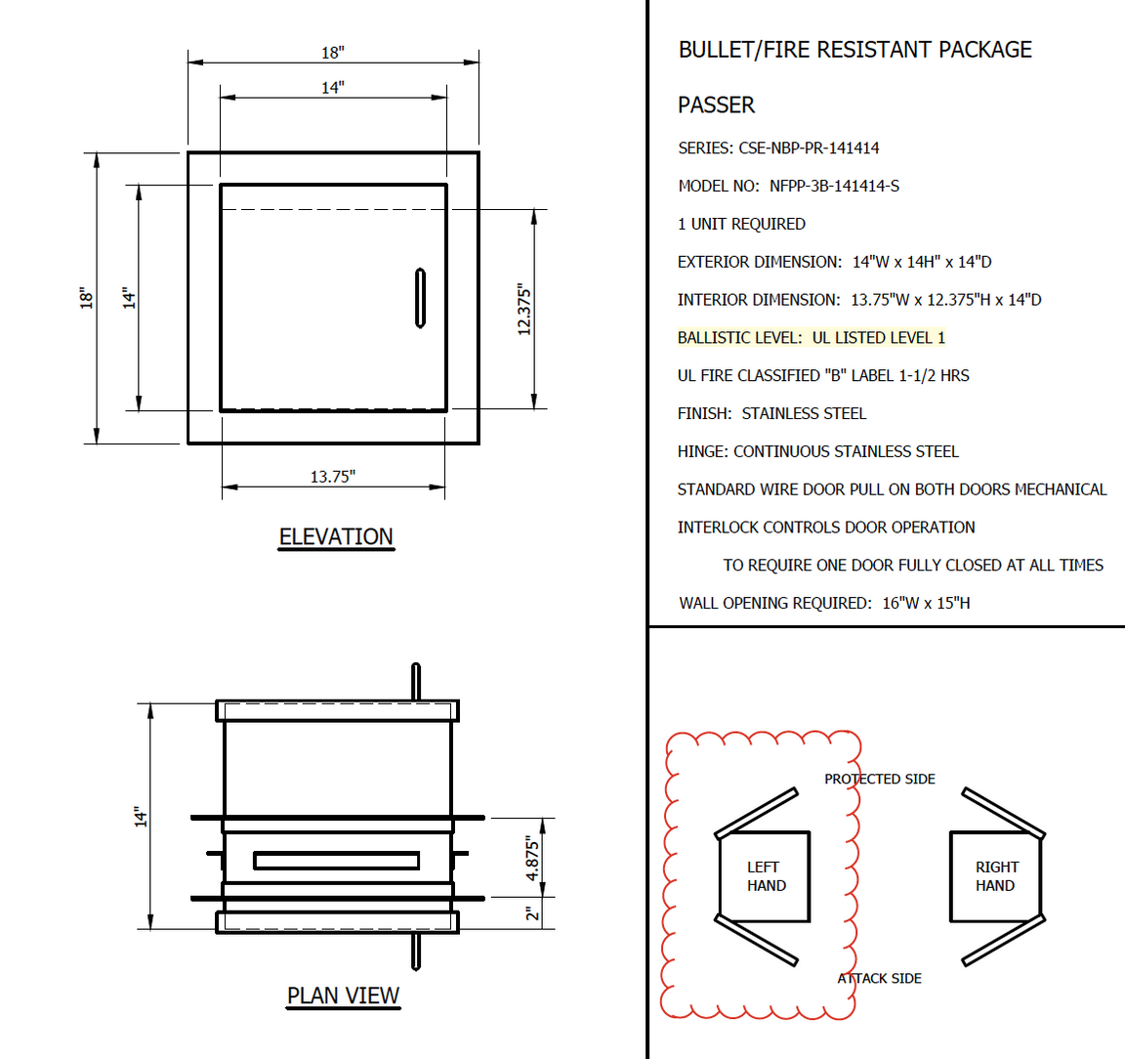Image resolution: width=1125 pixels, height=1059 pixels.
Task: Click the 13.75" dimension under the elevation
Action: tap(332, 477)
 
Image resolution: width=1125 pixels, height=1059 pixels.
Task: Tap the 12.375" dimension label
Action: tap(524, 310)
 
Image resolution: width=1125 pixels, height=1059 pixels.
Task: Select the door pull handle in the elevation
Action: tap(420, 297)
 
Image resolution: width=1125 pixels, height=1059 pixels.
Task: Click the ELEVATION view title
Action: tap(336, 537)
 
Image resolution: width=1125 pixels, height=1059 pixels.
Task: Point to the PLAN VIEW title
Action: tap(343, 995)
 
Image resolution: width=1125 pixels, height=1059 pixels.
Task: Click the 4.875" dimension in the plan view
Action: tap(532, 858)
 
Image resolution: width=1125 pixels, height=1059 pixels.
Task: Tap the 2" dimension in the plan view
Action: tap(531, 913)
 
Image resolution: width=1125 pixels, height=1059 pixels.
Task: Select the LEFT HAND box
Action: tap(766, 876)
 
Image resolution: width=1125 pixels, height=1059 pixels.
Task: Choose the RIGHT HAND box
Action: tap(996, 876)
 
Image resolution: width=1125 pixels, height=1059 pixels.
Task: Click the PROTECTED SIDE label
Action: tap(879, 779)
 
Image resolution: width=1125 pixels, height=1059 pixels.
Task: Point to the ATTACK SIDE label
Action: tap(879, 978)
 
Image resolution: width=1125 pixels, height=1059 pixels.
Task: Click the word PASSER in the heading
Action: tap(716, 106)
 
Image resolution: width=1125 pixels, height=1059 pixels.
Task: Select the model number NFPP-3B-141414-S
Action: tap(834, 186)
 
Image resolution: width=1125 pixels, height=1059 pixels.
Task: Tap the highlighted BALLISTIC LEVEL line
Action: tap(811, 338)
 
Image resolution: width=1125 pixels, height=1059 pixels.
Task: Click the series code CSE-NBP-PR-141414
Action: tap(809, 148)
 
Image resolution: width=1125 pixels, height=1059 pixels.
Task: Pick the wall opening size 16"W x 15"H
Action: tap(926, 603)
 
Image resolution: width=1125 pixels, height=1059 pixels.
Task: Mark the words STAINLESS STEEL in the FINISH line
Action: tap(804, 414)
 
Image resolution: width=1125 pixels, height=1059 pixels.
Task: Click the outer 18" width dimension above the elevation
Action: tap(333, 53)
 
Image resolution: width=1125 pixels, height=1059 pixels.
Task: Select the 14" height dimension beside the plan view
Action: tap(141, 817)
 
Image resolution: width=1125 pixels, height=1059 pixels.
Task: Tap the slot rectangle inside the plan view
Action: tap(336, 861)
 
